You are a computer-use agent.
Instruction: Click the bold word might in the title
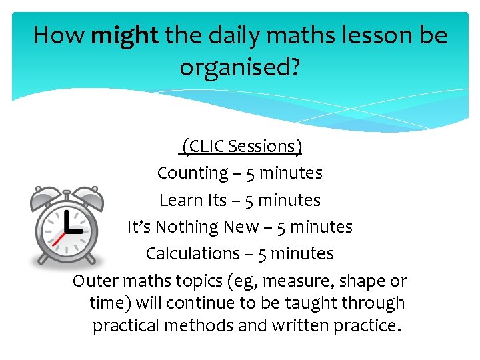click(125, 35)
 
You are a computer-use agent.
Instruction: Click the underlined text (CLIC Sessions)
click(242, 146)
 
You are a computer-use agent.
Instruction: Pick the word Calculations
click(192, 254)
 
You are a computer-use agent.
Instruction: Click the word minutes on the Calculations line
click(304, 254)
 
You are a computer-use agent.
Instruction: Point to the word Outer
click(92, 281)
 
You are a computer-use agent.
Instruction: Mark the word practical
click(125, 326)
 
